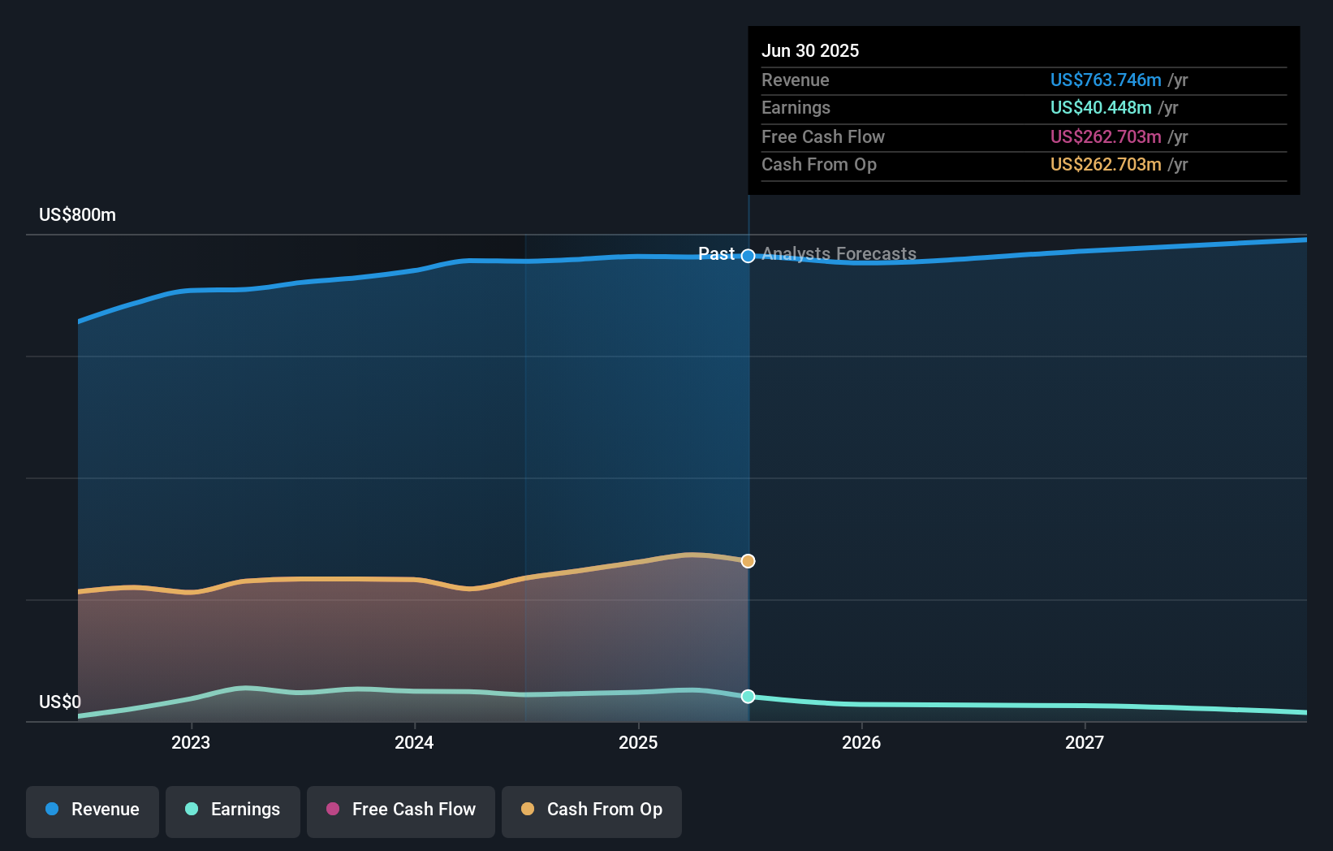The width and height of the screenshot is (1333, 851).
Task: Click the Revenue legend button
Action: pyautogui.click(x=93, y=810)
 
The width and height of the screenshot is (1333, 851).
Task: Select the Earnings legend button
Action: pyautogui.click(x=233, y=810)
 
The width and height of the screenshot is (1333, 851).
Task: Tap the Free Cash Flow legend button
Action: pyautogui.click(x=401, y=810)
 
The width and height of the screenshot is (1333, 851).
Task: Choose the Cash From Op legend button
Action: pyautogui.click(x=592, y=810)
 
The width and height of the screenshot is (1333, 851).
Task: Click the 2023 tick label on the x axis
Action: pyautogui.click(x=191, y=743)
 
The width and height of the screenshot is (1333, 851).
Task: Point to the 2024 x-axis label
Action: pyautogui.click(x=414, y=743)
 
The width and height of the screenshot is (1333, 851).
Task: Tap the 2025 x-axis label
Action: pyautogui.click(x=638, y=743)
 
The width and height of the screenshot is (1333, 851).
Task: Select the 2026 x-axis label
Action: pyautogui.click(x=861, y=743)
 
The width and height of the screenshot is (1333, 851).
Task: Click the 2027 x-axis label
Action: pyautogui.click(x=1085, y=743)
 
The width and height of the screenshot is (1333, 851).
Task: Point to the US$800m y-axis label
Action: pyautogui.click(x=78, y=215)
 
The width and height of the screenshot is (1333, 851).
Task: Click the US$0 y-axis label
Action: pyautogui.click(x=60, y=702)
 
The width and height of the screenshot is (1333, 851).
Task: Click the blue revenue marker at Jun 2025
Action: pyautogui.click(x=748, y=256)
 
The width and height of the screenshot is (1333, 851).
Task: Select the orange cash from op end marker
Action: pyautogui.click(x=748, y=561)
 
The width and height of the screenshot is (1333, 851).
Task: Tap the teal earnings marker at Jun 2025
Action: pyautogui.click(x=748, y=697)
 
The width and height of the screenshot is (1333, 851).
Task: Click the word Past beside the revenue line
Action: pyautogui.click(x=716, y=254)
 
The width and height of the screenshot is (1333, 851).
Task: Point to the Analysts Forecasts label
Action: pyautogui.click(x=839, y=254)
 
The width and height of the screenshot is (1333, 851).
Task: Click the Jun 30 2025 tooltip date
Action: pyautogui.click(x=810, y=51)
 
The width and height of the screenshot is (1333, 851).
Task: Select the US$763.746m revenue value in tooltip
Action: pyautogui.click(x=1106, y=80)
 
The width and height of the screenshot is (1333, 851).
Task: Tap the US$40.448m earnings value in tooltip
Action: pyautogui.click(x=1101, y=108)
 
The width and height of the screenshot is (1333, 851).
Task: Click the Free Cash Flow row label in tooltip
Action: pyautogui.click(x=823, y=137)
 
